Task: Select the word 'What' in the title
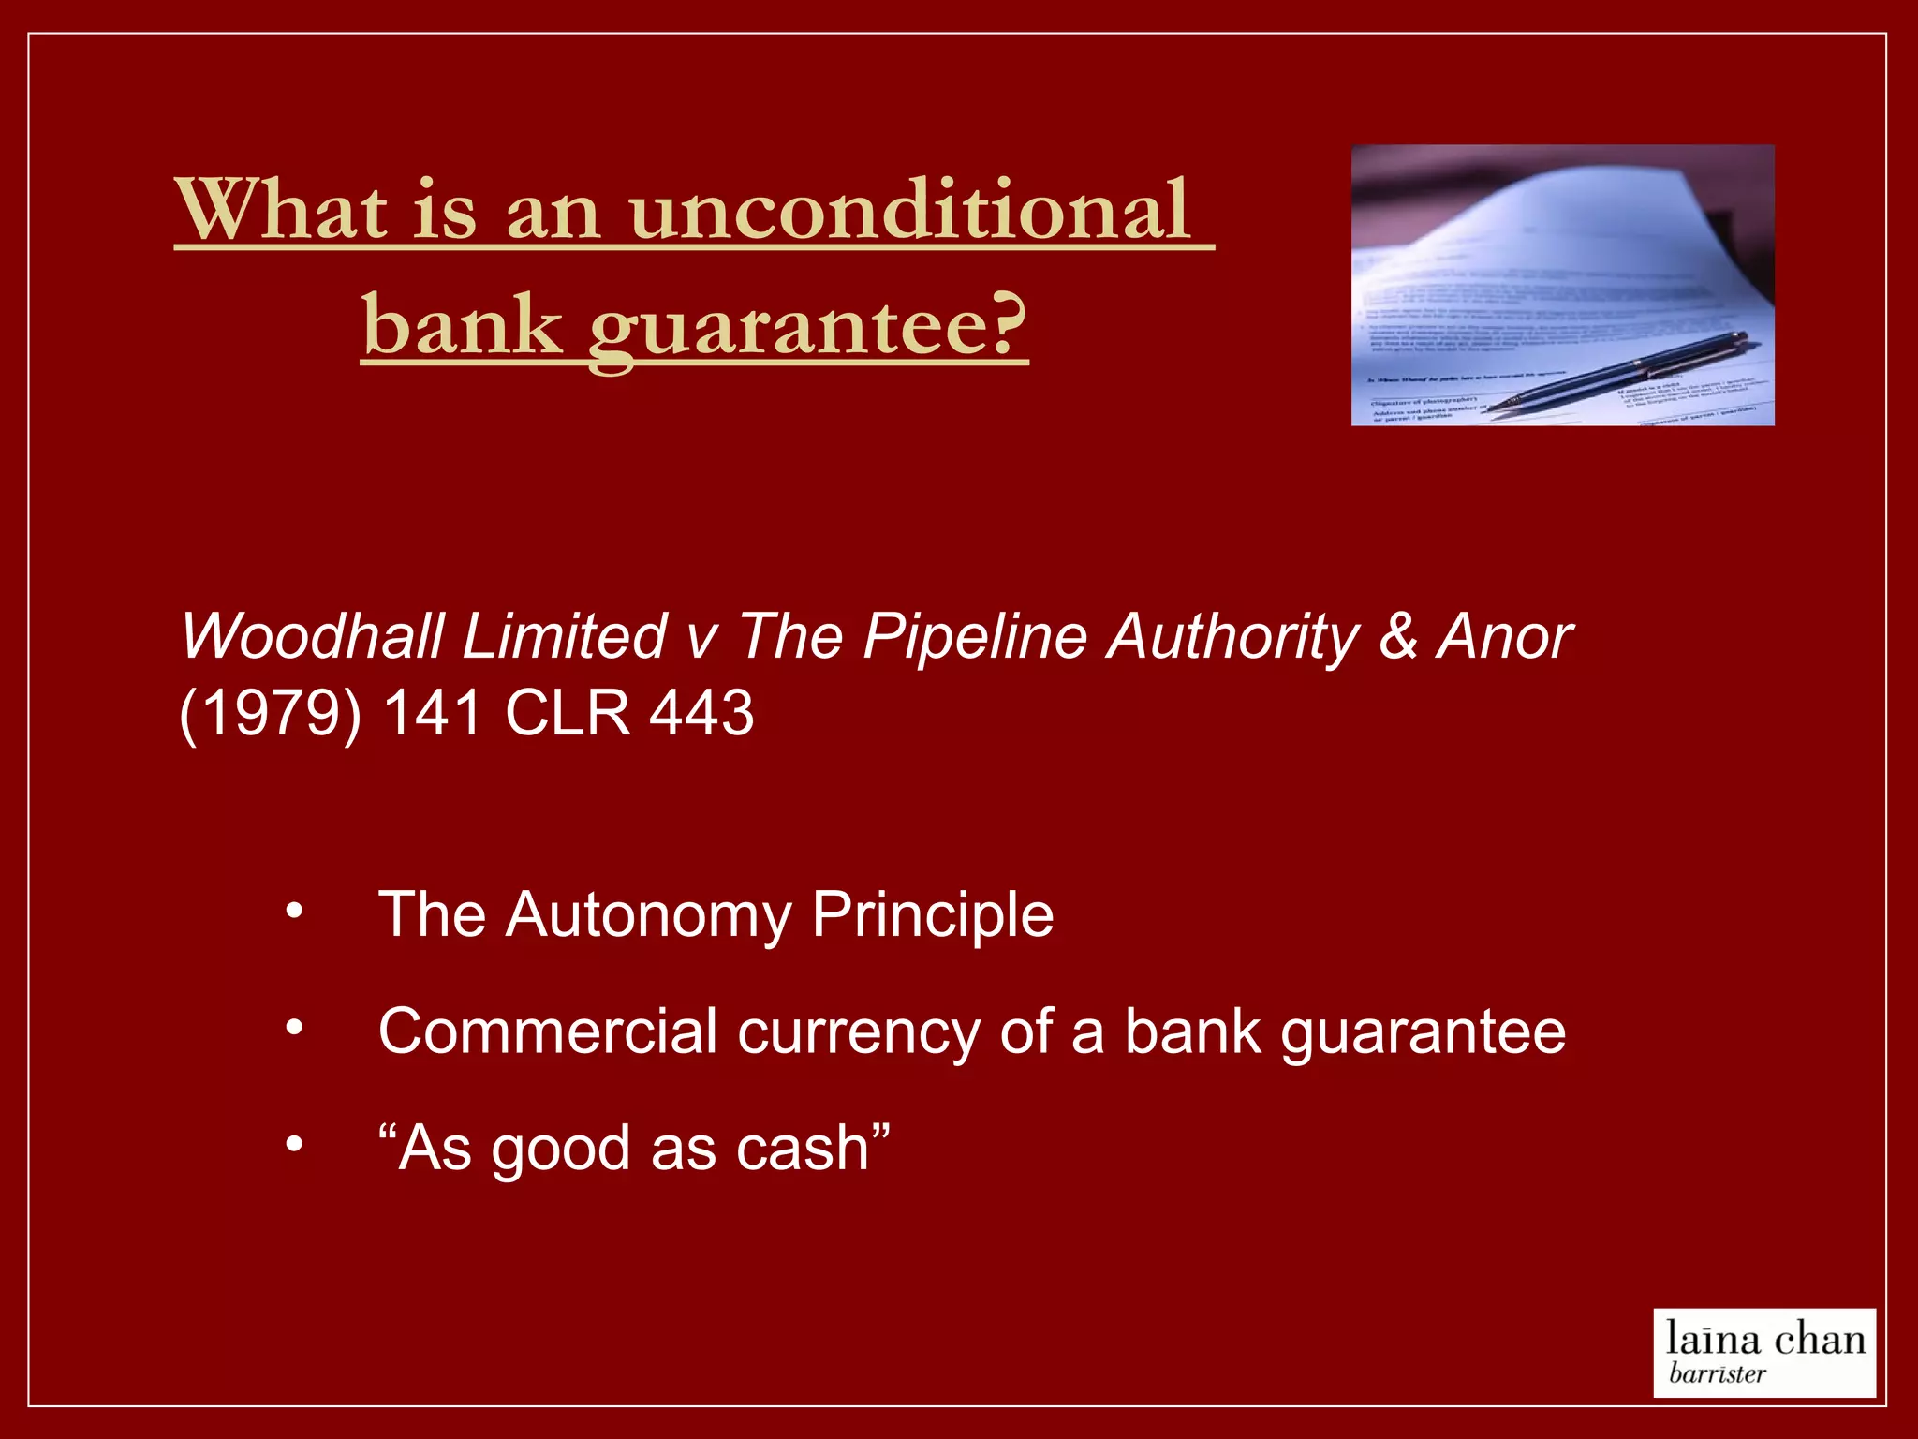[282, 211]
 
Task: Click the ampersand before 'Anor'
[1398, 637]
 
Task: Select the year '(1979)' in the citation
[270, 714]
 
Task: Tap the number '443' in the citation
[701, 714]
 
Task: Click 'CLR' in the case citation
[568, 714]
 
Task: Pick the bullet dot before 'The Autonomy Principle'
[295, 911]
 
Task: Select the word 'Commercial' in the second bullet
[548, 1031]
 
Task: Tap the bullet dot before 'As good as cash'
[295, 1145]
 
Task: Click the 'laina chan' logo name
[1765, 1340]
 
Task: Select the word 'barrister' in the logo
[1717, 1374]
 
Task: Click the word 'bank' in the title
[463, 326]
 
